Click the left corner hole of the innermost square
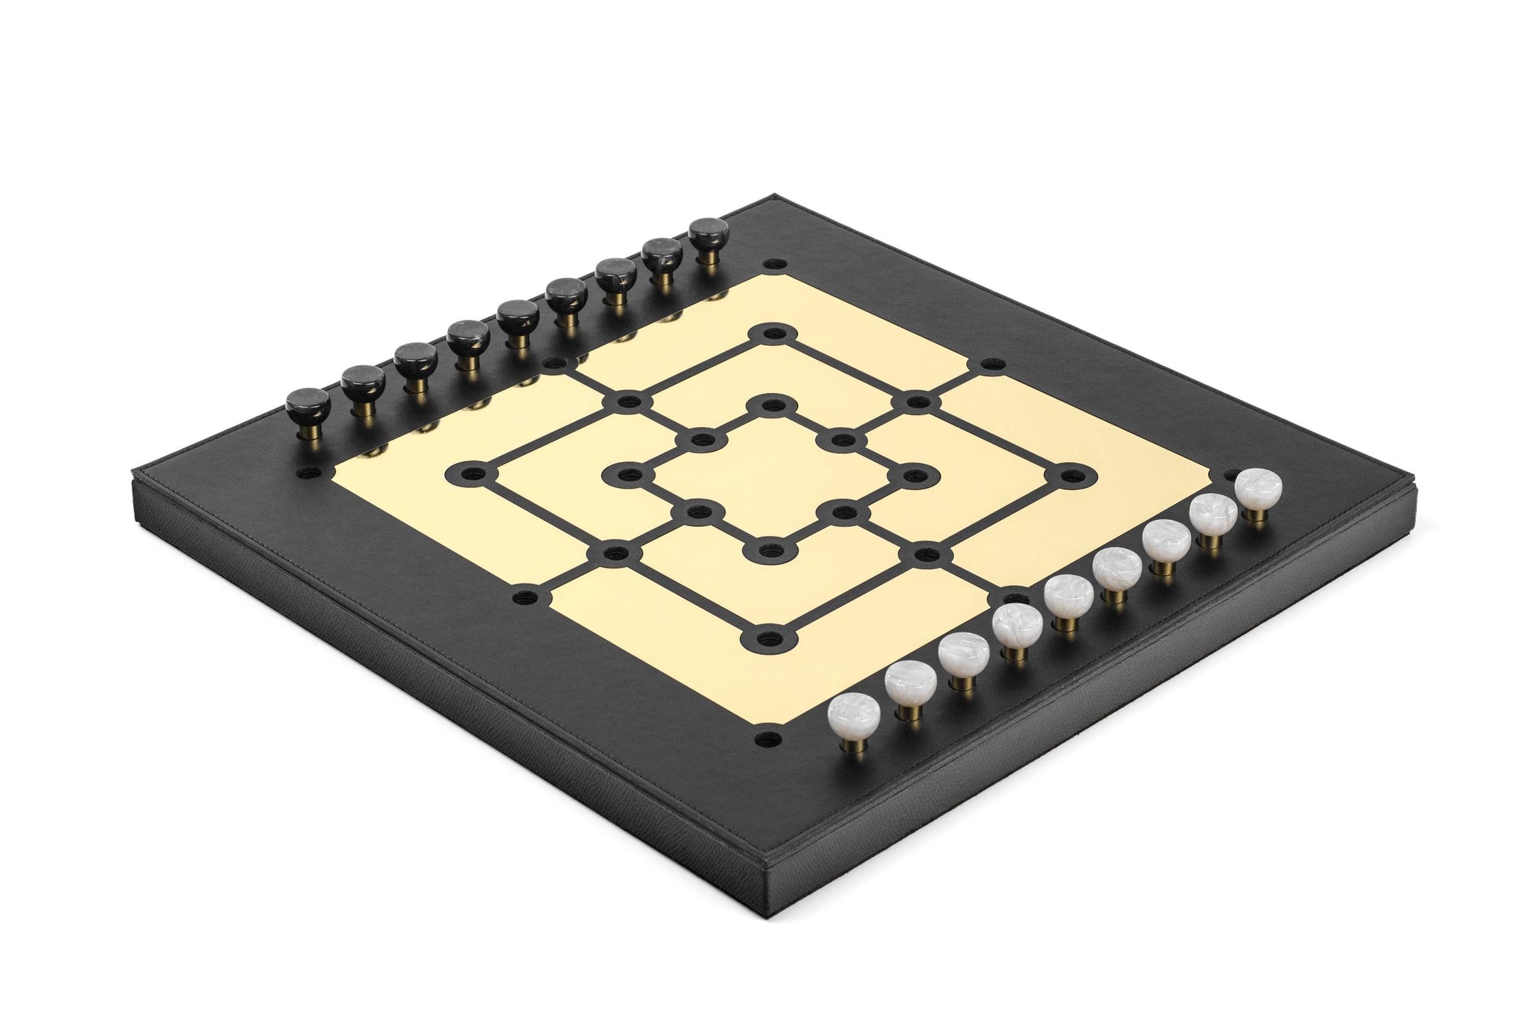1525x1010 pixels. [x=630, y=475]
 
